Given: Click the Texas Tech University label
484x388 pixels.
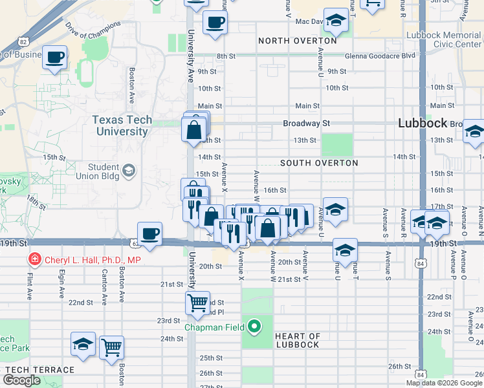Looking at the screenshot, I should tap(122, 125).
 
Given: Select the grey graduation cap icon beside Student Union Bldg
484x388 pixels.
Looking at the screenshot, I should tap(128, 171).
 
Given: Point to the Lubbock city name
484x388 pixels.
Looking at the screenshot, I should tap(423, 123).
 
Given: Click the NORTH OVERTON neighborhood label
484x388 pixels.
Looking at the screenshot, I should tap(298, 41).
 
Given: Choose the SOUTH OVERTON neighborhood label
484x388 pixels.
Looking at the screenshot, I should tap(319, 163).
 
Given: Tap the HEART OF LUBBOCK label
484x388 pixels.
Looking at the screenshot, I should tap(297, 340).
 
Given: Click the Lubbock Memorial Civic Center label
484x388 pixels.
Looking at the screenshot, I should tap(444, 39).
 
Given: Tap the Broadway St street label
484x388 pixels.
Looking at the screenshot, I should tap(306, 123).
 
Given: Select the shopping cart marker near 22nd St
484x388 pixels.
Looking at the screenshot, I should tap(197, 301).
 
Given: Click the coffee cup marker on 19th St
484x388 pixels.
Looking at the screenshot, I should tap(149, 233).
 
